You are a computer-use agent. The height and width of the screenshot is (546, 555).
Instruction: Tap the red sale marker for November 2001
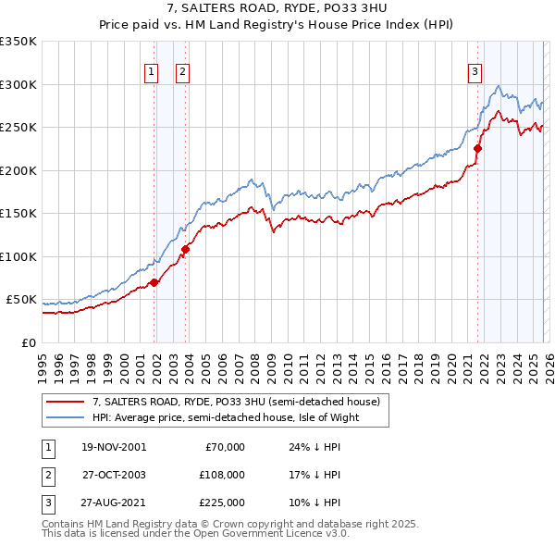coord(154,282)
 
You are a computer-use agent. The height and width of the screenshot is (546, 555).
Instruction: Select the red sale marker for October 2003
coord(185,249)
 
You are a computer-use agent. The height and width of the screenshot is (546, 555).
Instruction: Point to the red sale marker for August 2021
coord(477,148)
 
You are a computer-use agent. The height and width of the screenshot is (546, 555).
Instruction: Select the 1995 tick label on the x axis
coord(42,361)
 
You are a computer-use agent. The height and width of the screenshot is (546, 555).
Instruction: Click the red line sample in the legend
coord(65,403)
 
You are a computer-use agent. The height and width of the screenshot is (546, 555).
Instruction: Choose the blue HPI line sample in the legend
coord(65,417)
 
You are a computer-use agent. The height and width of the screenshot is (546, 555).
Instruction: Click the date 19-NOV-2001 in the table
coord(113,447)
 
